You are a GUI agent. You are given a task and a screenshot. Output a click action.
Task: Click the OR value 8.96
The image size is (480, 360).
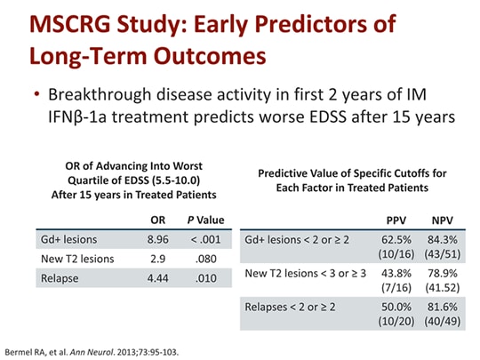pos(156,240)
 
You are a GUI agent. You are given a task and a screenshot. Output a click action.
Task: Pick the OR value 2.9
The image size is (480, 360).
pos(156,258)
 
